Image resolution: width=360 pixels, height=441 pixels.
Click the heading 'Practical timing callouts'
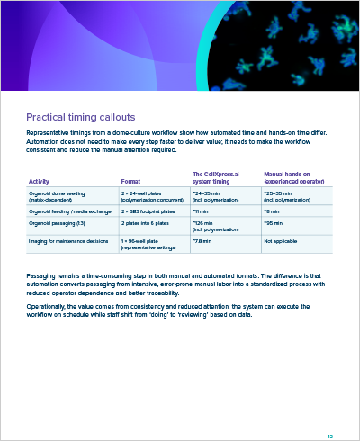81,117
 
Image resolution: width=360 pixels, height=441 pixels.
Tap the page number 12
330,411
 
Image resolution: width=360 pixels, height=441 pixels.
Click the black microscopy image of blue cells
288,45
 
